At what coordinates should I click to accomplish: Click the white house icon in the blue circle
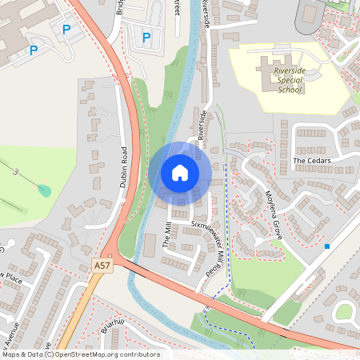(x=180, y=173)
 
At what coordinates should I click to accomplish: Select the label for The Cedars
(x=311, y=161)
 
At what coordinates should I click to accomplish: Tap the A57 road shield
(x=101, y=265)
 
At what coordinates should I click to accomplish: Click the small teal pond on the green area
(x=44, y=191)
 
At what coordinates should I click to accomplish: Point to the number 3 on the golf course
(x=14, y=171)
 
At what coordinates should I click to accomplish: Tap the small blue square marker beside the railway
(x=327, y=246)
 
